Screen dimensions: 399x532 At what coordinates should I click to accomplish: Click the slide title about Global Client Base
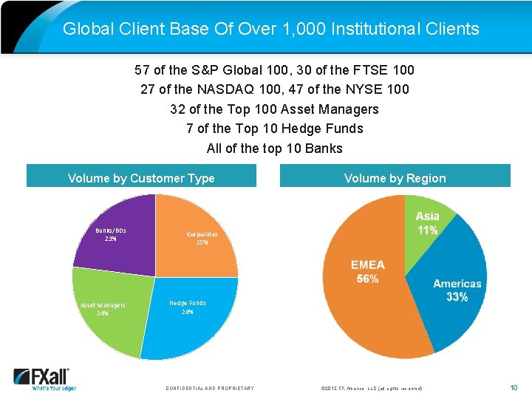pyautogui.click(x=270, y=29)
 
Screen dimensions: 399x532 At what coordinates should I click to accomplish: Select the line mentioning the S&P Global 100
pyautogui.click(x=274, y=70)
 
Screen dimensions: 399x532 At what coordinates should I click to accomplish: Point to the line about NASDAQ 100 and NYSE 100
pyautogui.click(x=274, y=89)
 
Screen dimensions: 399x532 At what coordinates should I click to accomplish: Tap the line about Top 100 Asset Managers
pyautogui.click(x=274, y=109)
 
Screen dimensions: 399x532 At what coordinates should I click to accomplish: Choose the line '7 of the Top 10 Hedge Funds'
pyautogui.click(x=274, y=129)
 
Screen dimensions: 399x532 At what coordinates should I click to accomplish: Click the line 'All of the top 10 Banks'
pyautogui.click(x=274, y=148)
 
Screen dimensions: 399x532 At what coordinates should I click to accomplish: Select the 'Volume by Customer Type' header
pyautogui.click(x=141, y=178)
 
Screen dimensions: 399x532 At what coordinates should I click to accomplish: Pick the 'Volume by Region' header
pyautogui.click(x=395, y=178)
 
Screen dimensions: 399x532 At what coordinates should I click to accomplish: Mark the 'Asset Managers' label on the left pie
pyautogui.click(x=103, y=305)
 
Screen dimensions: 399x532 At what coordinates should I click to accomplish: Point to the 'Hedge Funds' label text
pyautogui.click(x=188, y=303)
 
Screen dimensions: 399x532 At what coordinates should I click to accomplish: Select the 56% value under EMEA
pyautogui.click(x=367, y=279)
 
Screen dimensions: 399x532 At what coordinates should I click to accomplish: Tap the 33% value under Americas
pyautogui.click(x=457, y=297)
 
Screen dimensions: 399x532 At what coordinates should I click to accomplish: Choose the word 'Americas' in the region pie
pyautogui.click(x=457, y=284)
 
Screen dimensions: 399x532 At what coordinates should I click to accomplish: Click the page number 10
pyautogui.click(x=514, y=387)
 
